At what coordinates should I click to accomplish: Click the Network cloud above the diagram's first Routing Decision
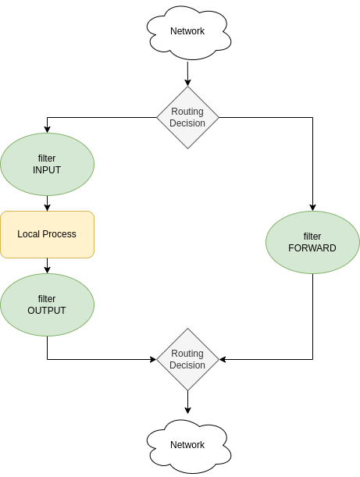(x=188, y=32)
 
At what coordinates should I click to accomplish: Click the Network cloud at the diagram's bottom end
(x=188, y=446)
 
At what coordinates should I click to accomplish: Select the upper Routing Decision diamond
(x=187, y=117)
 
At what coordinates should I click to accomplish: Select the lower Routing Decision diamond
(x=187, y=359)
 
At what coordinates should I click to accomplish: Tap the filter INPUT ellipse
(x=47, y=164)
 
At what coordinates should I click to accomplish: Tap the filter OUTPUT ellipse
(x=47, y=304)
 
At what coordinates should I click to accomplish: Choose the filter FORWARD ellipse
(x=312, y=242)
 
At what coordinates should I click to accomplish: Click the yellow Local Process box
(x=47, y=234)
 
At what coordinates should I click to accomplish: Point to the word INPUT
(x=47, y=170)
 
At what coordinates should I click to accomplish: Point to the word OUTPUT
(x=47, y=311)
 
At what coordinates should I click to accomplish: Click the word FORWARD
(x=312, y=248)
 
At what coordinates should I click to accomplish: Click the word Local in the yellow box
(x=29, y=234)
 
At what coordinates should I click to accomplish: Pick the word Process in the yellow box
(x=59, y=234)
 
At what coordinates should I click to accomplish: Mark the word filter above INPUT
(x=47, y=158)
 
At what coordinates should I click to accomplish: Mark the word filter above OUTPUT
(x=47, y=299)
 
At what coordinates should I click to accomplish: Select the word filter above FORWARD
(x=312, y=237)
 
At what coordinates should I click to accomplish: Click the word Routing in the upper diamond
(x=187, y=112)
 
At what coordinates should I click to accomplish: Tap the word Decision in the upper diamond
(x=187, y=123)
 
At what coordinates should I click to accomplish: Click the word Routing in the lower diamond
(x=187, y=354)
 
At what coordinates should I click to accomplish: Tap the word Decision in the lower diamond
(x=187, y=365)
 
